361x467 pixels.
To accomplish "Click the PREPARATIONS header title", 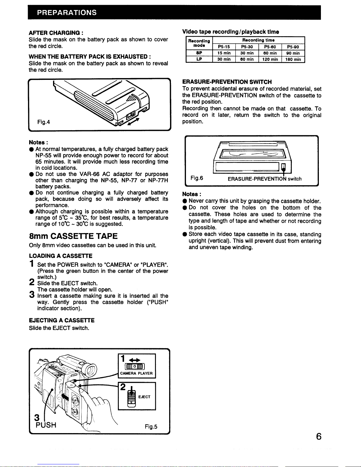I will pyautogui.click(x=67, y=12).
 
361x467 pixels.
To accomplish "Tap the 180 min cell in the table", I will pyautogui.click(x=293, y=59).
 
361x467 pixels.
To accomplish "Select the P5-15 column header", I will pyautogui.click(x=224, y=47).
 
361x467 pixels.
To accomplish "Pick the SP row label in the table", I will pyautogui.click(x=199, y=53).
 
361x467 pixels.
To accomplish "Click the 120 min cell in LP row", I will pyautogui.click(x=270, y=59).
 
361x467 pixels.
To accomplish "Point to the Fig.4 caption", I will pyautogui.click(x=43, y=122).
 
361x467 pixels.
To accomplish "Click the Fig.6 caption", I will pyautogui.click(x=197, y=178).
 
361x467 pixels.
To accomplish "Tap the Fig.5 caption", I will pyautogui.click(x=151, y=426).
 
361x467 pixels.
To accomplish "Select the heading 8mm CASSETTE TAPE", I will pyautogui.click(x=73, y=236).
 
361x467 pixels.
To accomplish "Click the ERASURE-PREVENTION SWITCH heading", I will pyautogui.click(x=227, y=82).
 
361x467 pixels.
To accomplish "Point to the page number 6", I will pyautogui.click(x=318, y=436).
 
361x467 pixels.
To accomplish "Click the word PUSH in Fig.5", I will pyautogui.click(x=46, y=425).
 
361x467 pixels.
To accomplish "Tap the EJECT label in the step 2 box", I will pyautogui.click(x=144, y=397).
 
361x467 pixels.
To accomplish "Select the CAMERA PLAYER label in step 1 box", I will pyautogui.click(x=136, y=373).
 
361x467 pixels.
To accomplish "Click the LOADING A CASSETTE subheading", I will pyautogui.click(x=60, y=256).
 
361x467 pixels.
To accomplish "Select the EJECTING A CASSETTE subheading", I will pyautogui.click(x=62, y=320).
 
